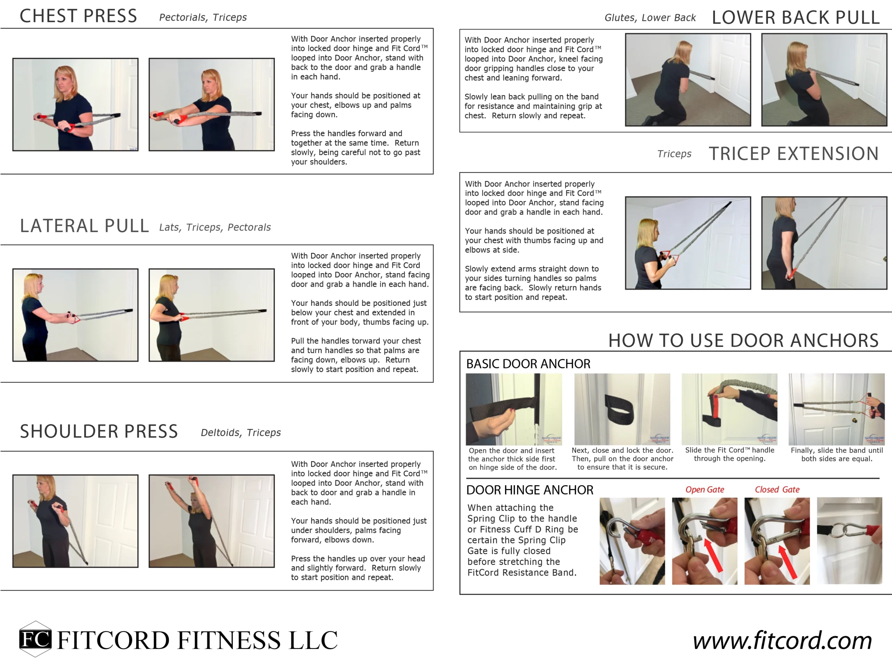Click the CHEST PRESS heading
(78, 16)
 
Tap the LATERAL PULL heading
(84, 226)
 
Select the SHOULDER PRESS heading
(99, 432)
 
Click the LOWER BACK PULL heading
(795, 17)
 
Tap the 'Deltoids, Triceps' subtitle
(240, 433)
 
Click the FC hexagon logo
(35, 639)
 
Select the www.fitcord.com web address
(782, 640)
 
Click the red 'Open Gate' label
(705, 490)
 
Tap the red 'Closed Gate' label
(777, 490)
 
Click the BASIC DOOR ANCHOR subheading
(528, 364)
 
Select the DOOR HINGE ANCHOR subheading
(530, 490)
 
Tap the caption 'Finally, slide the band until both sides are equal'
(837, 455)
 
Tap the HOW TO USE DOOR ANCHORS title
(743, 341)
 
